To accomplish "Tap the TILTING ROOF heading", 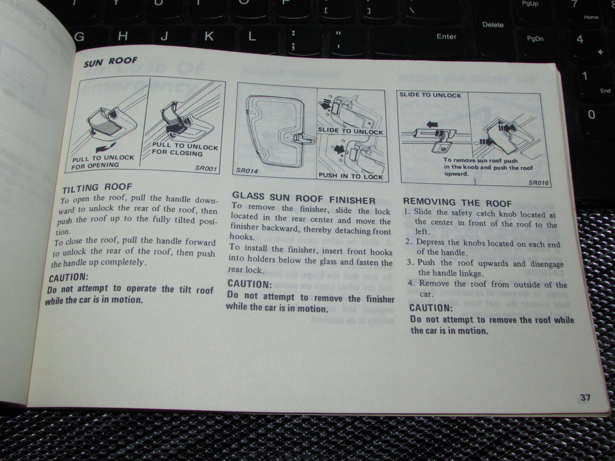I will (97, 188).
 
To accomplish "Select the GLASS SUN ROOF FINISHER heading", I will (303, 198).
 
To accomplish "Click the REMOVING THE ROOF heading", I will (457, 202).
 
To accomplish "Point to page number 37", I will (585, 398).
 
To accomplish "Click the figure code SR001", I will (206, 168).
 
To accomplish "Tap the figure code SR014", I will (247, 171).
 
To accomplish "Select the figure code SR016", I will (538, 183).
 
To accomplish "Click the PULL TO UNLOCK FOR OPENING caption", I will (102, 162).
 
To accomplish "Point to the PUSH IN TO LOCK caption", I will (351, 176).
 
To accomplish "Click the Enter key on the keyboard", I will (446, 37).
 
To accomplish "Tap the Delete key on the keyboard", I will (493, 25).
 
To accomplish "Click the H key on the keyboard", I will (123, 37).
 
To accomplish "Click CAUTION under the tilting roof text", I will (68, 278).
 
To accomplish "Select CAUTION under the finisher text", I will (249, 284).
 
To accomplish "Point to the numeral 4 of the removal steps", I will (411, 284).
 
